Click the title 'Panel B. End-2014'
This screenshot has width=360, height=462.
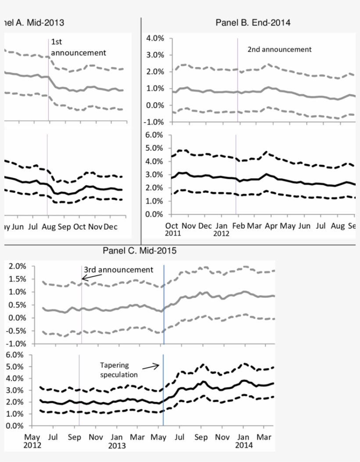(253, 22)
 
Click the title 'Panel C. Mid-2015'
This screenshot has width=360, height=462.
(140, 251)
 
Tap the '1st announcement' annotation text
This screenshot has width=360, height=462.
(79, 47)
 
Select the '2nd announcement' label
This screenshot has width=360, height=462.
(279, 49)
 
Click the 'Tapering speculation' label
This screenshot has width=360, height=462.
(119, 369)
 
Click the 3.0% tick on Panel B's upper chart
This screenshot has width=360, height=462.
(155, 55)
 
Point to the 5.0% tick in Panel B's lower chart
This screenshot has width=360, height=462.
(155, 148)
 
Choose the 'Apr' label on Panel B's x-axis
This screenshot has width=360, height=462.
(272, 226)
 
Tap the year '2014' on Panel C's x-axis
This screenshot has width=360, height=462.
(244, 444)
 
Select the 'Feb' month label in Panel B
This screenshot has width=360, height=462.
(239, 226)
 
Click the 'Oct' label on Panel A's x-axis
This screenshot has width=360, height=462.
(79, 227)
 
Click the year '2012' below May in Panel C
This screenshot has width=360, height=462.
(32, 444)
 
